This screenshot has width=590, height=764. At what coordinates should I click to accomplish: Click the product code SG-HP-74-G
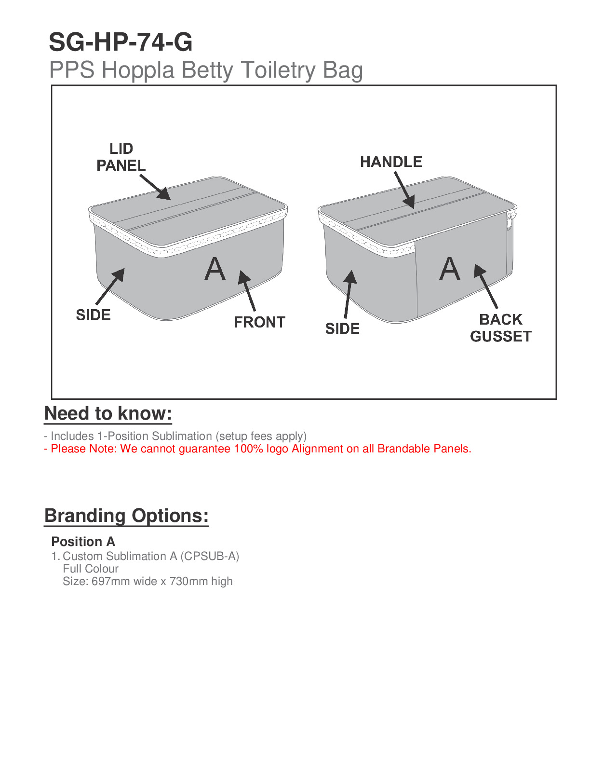(x=121, y=42)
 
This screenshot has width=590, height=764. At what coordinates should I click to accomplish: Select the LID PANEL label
(x=121, y=157)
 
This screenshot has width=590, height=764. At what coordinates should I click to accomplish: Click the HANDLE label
(x=391, y=162)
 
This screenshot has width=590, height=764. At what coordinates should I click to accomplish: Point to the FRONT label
(x=259, y=322)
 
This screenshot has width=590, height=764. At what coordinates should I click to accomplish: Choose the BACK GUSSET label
(x=501, y=328)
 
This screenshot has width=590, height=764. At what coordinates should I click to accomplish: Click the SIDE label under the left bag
(x=93, y=315)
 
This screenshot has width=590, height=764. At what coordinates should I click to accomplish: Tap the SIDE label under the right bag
(x=342, y=329)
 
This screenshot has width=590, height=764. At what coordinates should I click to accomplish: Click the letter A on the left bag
(x=215, y=269)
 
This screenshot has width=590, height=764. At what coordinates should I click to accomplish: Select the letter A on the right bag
(x=450, y=269)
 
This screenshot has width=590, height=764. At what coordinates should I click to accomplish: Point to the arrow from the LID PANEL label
(x=155, y=187)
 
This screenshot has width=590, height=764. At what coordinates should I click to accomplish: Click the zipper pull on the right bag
(x=509, y=221)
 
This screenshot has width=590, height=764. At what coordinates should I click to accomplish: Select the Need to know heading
(x=108, y=414)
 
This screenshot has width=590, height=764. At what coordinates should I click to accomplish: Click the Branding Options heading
(x=126, y=516)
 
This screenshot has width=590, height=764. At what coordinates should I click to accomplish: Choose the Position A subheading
(x=83, y=542)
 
